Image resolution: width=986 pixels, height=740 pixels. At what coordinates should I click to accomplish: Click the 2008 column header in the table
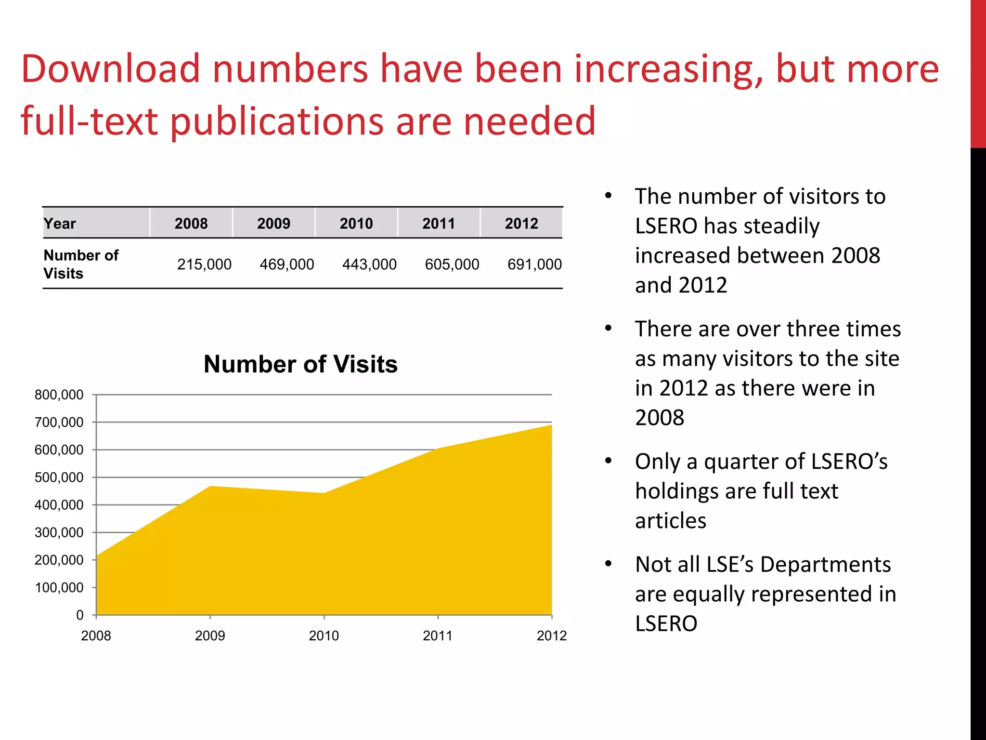coord(191,224)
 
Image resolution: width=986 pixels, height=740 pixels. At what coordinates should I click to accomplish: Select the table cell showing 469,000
coord(286,264)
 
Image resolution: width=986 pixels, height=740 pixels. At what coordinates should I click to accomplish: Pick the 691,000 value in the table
coord(534,264)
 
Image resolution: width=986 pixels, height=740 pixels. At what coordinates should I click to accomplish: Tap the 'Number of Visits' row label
coord(80,264)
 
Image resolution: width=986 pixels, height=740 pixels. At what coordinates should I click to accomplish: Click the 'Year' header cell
coord(60,224)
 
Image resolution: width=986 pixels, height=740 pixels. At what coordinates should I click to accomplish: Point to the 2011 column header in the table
coord(439,224)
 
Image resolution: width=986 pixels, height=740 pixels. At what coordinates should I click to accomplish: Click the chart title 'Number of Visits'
coord(300,364)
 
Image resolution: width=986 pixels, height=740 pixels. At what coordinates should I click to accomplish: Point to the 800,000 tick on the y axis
coord(59,395)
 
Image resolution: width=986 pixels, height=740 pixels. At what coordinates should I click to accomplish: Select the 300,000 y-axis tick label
coord(59,533)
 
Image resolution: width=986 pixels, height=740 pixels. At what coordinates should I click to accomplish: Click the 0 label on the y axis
coord(79,615)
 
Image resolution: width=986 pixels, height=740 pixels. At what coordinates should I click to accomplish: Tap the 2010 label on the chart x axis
coord(324,636)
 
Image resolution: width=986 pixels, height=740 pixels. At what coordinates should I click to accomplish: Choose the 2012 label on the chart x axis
coord(551,636)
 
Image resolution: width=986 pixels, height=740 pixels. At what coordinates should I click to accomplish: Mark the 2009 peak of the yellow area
coord(210,487)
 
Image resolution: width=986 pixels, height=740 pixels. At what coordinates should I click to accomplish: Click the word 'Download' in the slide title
coord(110,69)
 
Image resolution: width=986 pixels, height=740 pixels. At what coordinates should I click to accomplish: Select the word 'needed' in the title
coord(529,121)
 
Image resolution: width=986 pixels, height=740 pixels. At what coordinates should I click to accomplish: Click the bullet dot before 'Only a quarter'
coord(609,461)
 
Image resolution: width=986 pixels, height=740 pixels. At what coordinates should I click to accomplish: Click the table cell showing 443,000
coord(369,264)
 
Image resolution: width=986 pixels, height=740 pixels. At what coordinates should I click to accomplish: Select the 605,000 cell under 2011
coord(452,264)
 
